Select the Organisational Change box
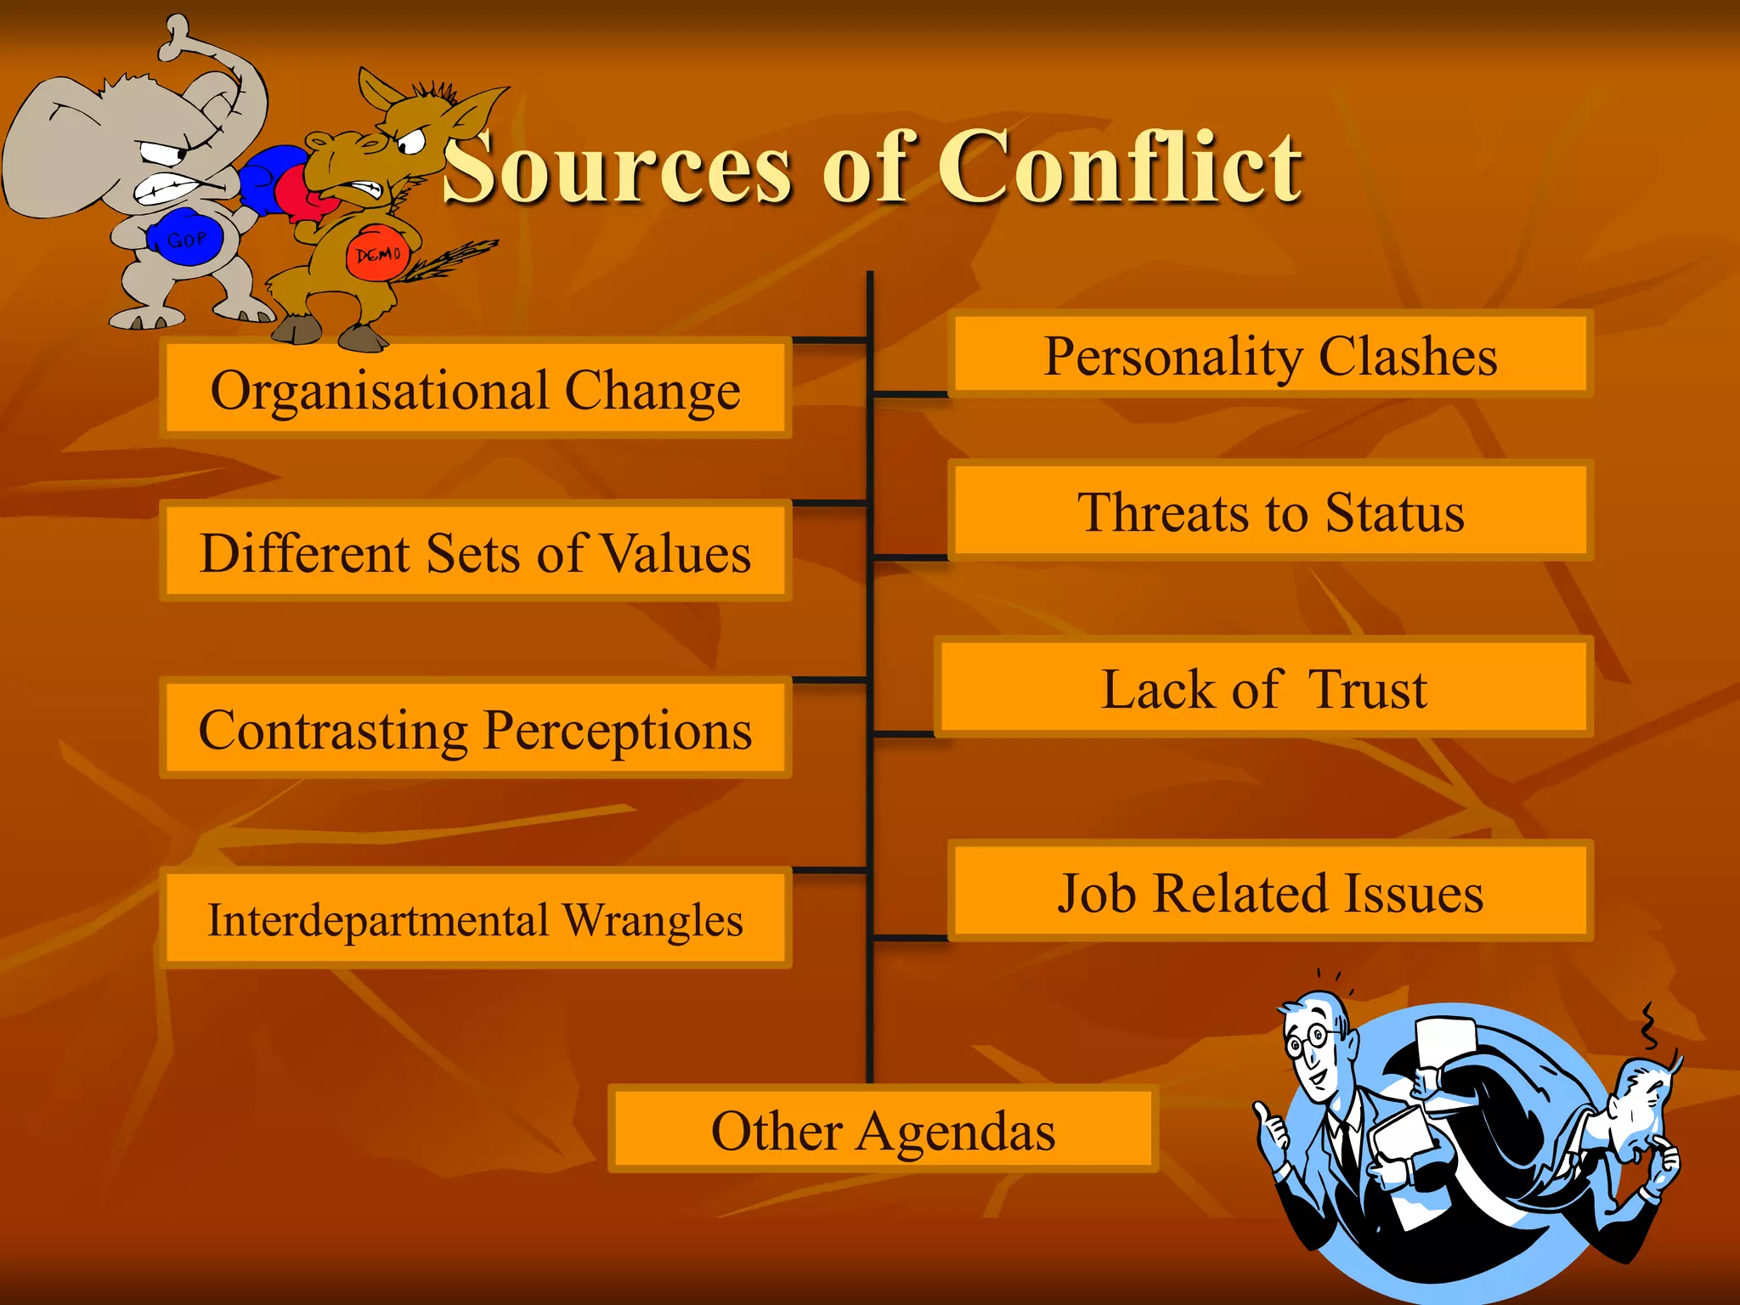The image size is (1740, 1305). pyautogui.click(x=476, y=389)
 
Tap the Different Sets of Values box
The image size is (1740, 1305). pyautogui.click(x=476, y=552)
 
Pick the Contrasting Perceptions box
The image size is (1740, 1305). pyautogui.click(x=476, y=729)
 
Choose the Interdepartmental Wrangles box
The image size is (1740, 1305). pyautogui.click(x=476, y=919)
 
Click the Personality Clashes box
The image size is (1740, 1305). pyautogui.click(x=1270, y=355)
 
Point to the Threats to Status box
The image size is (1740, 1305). pyautogui.click(x=1270, y=511)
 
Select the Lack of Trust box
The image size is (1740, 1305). pyautogui.click(x=1263, y=687)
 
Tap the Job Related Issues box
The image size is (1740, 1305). pyautogui.click(x=1270, y=892)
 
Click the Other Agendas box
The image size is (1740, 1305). pyautogui.click(x=883, y=1130)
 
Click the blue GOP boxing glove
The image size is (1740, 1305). pyautogui.click(x=185, y=239)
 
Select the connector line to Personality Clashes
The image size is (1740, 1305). pyautogui.click(x=909, y=394)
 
